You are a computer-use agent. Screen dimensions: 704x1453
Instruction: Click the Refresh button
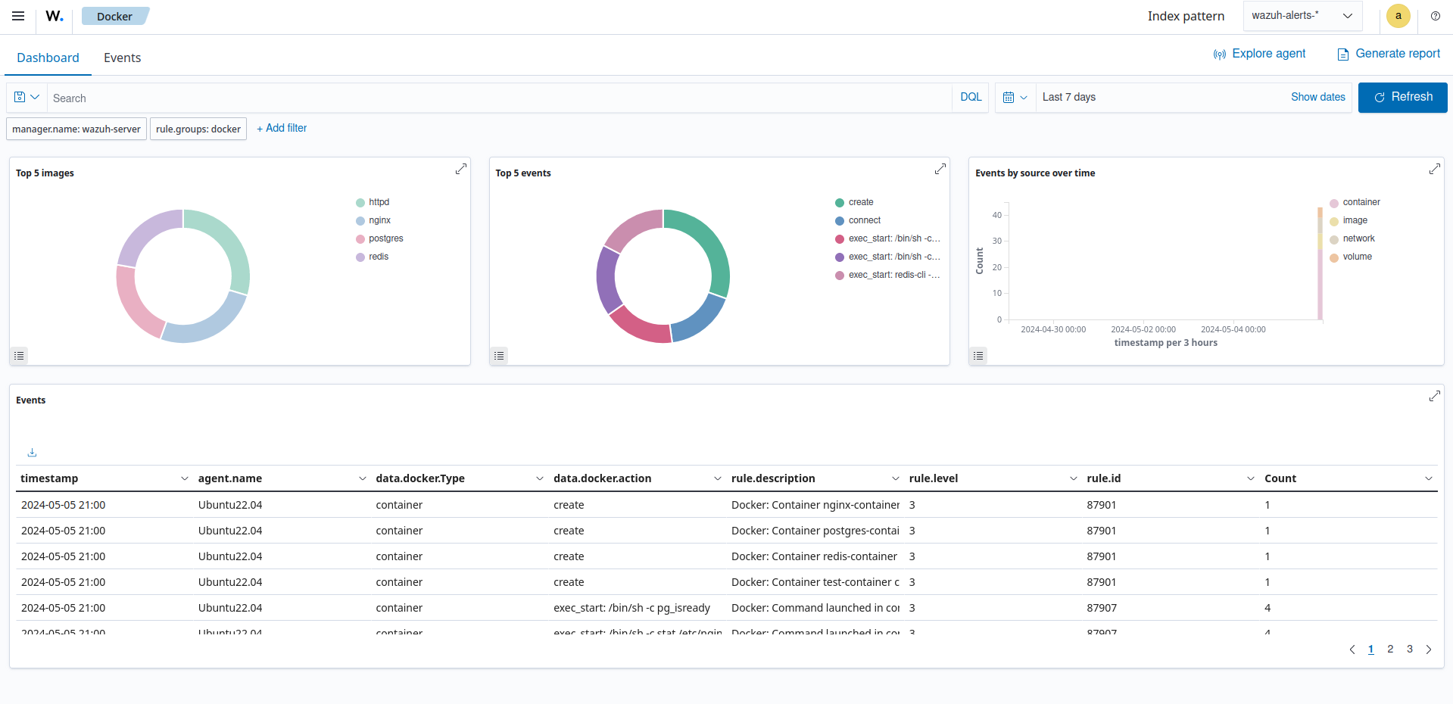pos(1402,97)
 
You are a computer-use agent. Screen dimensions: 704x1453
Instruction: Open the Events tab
pos(122,58)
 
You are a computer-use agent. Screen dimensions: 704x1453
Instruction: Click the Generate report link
pos(1389,54)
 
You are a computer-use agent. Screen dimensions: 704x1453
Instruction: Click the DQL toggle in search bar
pos(970,97)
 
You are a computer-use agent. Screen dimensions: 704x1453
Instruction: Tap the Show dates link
pos(1317,97)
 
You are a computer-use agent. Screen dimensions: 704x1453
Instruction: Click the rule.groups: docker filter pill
pos(198,129)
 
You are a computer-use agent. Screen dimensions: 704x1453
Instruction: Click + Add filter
pos(282,128)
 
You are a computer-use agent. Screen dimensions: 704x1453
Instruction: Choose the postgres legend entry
pos(385,238)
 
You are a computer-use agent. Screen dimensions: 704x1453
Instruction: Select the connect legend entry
pos(864,220)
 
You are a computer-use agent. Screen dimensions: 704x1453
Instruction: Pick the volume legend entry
pos(1357,257)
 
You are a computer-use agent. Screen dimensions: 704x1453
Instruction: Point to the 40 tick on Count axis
pos(996,215)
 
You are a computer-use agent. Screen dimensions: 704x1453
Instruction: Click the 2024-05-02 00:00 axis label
pos(1143,329)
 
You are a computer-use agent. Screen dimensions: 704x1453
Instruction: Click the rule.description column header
pos(772,478)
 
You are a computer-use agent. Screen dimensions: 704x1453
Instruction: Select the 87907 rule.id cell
pos(1102,608)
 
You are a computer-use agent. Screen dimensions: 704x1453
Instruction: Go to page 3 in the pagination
pos(1409,649)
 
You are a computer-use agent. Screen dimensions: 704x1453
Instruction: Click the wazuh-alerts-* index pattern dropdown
pos(1302,16)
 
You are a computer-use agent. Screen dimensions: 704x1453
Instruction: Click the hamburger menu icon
pos(18,16)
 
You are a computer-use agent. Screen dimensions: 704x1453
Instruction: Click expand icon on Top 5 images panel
pos(460,169)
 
